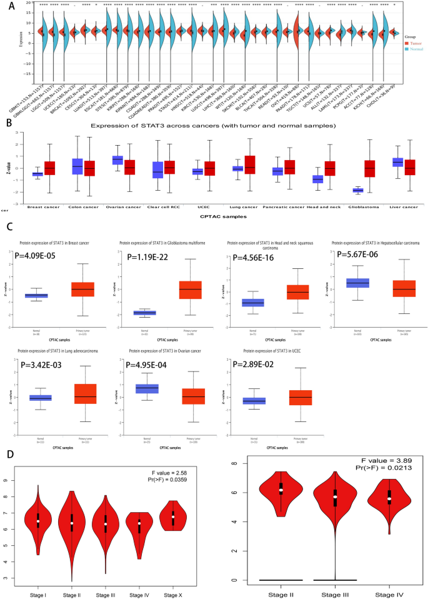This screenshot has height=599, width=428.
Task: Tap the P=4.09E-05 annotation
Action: click(x=42, y=256)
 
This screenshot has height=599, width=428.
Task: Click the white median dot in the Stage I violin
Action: click(x=38, y=521)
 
